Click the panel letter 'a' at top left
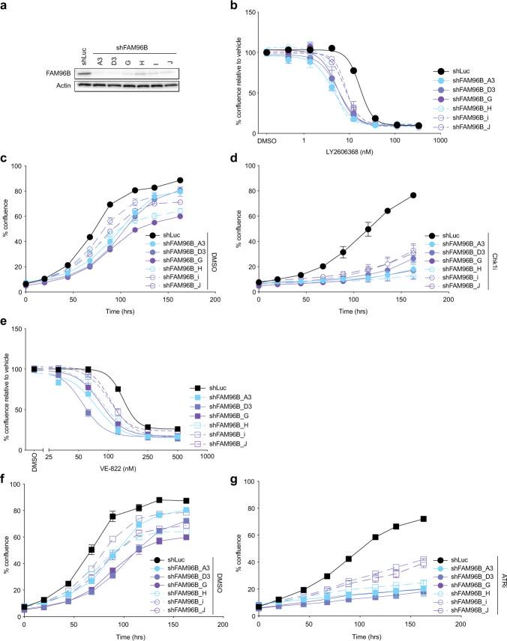(5, 7)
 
